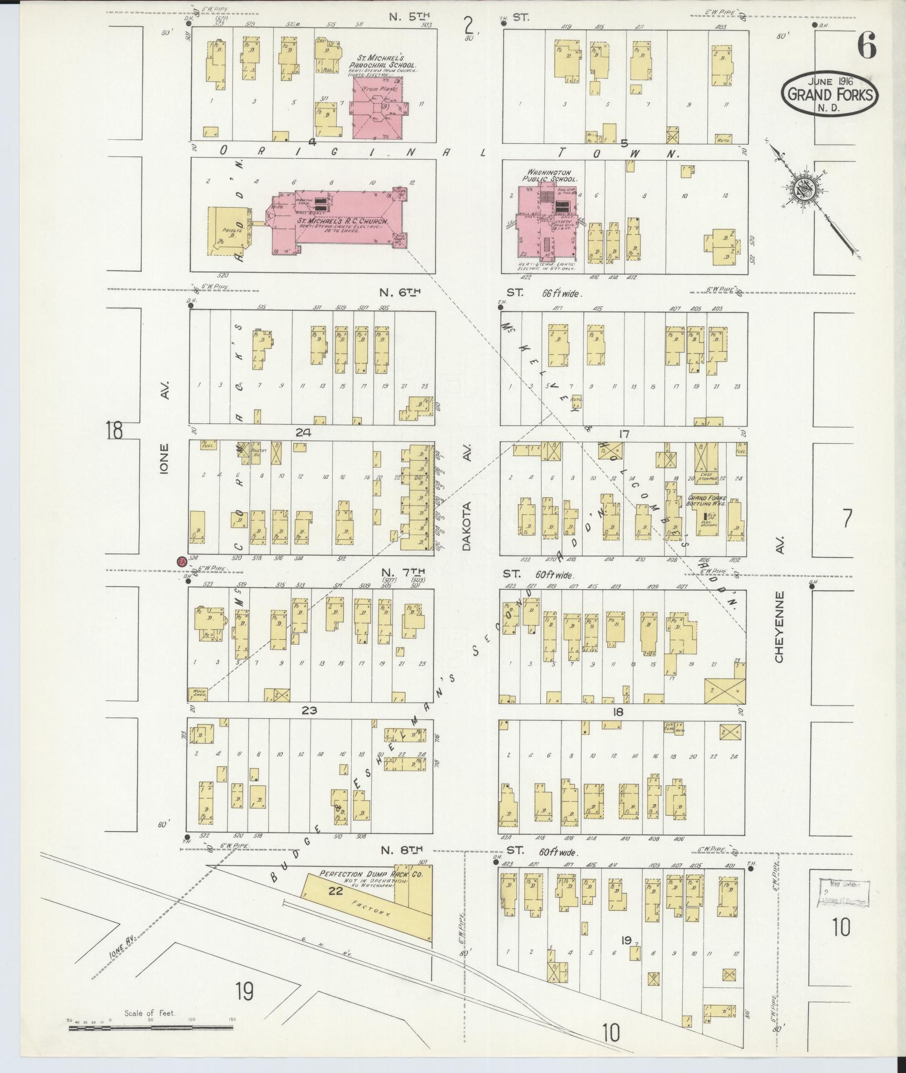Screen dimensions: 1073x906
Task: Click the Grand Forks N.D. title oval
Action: coord(830,94)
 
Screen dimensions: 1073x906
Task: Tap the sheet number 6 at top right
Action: coord(866,46)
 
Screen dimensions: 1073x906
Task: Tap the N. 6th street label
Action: coord(400,292)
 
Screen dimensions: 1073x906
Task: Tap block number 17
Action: coord(623,434)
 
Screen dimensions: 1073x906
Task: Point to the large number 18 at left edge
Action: coord(114,430)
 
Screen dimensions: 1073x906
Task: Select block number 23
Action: coord(309,710)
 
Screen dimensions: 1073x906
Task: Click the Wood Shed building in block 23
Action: coord(199,694)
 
